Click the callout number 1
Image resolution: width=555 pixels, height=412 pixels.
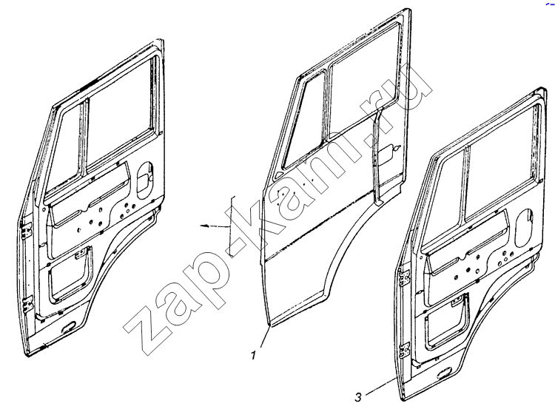point(253,355)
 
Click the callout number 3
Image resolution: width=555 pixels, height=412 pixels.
point(358,397)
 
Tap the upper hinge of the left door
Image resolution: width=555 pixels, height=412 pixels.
point(25,231)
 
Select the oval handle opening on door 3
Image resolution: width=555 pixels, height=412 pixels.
point(523,228)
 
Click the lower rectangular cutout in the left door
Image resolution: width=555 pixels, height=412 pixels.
point(68,274)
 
